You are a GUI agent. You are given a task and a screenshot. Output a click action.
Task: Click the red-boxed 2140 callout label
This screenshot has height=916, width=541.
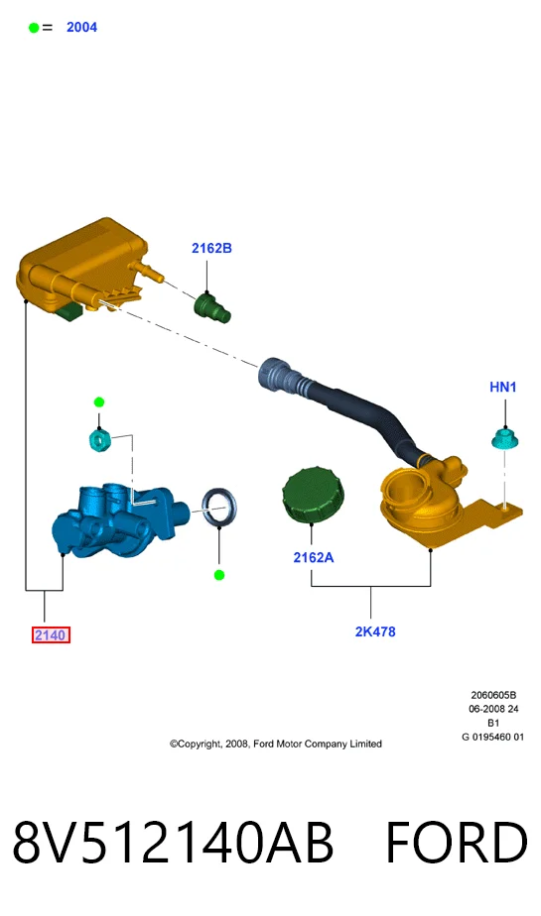(51, 635)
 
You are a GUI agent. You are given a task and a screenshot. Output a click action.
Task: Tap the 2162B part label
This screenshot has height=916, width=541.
(211, 248)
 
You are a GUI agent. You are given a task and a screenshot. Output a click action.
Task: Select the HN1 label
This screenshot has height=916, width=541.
(503, 387)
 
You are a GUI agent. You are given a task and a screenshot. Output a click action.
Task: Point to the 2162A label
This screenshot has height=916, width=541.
(314, 557)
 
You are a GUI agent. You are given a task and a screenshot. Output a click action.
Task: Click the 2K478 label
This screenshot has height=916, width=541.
(375, 631)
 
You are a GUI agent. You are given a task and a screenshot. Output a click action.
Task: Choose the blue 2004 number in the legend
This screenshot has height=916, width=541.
(81, 27)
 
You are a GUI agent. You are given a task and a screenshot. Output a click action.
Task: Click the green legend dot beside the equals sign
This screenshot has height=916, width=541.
(34, 28)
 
